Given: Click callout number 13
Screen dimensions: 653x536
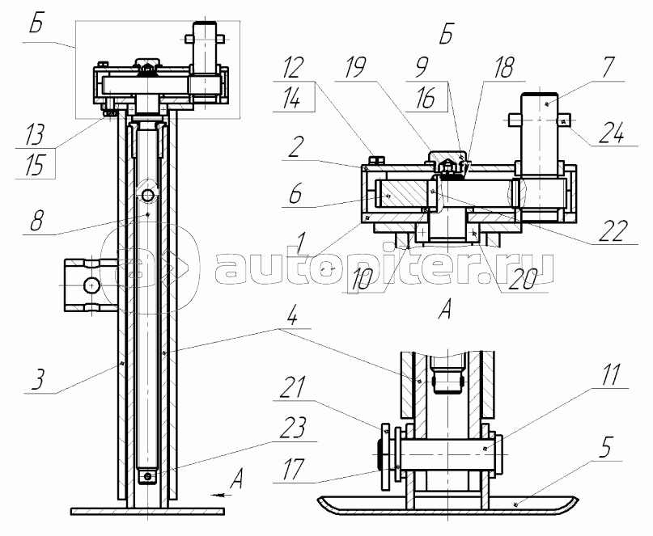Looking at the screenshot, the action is pyautogui.click(x=35, y=134).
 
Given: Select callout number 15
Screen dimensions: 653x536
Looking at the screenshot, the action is pyautogui.click(x=35, y=165).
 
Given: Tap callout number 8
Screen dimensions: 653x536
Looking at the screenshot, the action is pyautogui.click(x=36, y=220).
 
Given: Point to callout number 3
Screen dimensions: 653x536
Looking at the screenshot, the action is pyautogui.click(x=37, y=378).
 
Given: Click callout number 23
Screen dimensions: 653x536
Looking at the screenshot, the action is pyautogui.click(x=293, y=427).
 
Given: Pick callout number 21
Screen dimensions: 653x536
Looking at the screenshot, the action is pyautogui.click(x=293, y=388).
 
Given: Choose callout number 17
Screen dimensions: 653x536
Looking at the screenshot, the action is pyautogui.click(x=294, y=469).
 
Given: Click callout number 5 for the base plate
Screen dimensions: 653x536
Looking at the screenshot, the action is pyautogui.click(x=605, y=447).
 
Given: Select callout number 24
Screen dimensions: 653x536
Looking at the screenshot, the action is pyautogui.click(x=612, y=133).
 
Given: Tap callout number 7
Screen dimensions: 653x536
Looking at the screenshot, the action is pyautogui.click(x=608, y=68).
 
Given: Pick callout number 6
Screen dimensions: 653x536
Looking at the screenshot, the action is pyautogui.click(x=295, y=193).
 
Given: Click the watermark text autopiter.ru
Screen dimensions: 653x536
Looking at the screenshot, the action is pyautogui.click(x=385, y=269).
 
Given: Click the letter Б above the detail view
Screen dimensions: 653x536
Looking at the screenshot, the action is pyautogui.click(x=446, y=34).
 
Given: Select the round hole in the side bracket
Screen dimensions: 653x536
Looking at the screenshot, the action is pyautogui.click(x=91, y=285).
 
